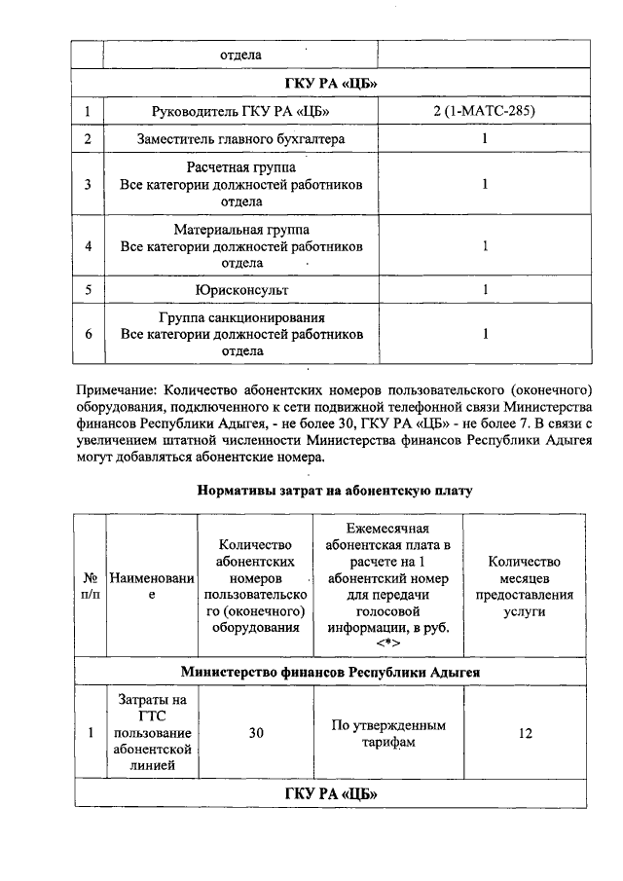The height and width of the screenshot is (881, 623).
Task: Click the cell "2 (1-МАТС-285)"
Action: [484, 112]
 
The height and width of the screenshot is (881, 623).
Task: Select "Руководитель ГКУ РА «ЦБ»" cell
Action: [241, 112]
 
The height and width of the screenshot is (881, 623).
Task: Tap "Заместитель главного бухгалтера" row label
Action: [241, 139]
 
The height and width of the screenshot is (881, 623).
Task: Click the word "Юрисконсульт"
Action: [241, 290]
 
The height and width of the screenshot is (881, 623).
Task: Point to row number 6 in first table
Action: [89, 334]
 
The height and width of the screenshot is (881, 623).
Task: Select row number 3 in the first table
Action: [89, 184]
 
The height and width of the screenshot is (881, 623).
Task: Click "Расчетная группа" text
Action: [241, 168]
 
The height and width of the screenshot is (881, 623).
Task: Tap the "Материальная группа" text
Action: [241, 231]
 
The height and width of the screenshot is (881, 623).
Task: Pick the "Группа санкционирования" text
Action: [241, 318]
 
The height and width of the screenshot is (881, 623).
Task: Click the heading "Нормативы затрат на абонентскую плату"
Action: [335, 491]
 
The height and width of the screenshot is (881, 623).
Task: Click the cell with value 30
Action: [256, 733]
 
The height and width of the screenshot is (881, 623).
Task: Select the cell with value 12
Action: [525, 733]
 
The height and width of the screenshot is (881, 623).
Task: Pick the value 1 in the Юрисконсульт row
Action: [484, 290]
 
